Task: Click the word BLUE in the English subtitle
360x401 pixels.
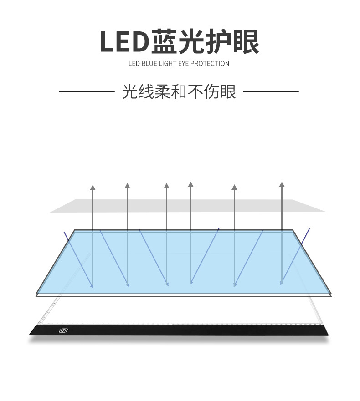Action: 148,64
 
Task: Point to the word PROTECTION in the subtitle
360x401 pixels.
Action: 210,64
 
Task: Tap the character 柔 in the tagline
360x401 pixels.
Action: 162,91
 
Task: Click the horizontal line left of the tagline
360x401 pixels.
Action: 87,91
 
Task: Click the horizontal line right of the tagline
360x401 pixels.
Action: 271,91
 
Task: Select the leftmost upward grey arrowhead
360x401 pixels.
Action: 93,187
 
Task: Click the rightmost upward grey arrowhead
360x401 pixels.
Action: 282,184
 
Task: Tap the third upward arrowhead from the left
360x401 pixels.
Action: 166,186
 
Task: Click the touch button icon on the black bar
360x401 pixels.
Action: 63,330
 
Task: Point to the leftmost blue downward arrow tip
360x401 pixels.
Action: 93,287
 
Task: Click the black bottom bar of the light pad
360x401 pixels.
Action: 182,330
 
